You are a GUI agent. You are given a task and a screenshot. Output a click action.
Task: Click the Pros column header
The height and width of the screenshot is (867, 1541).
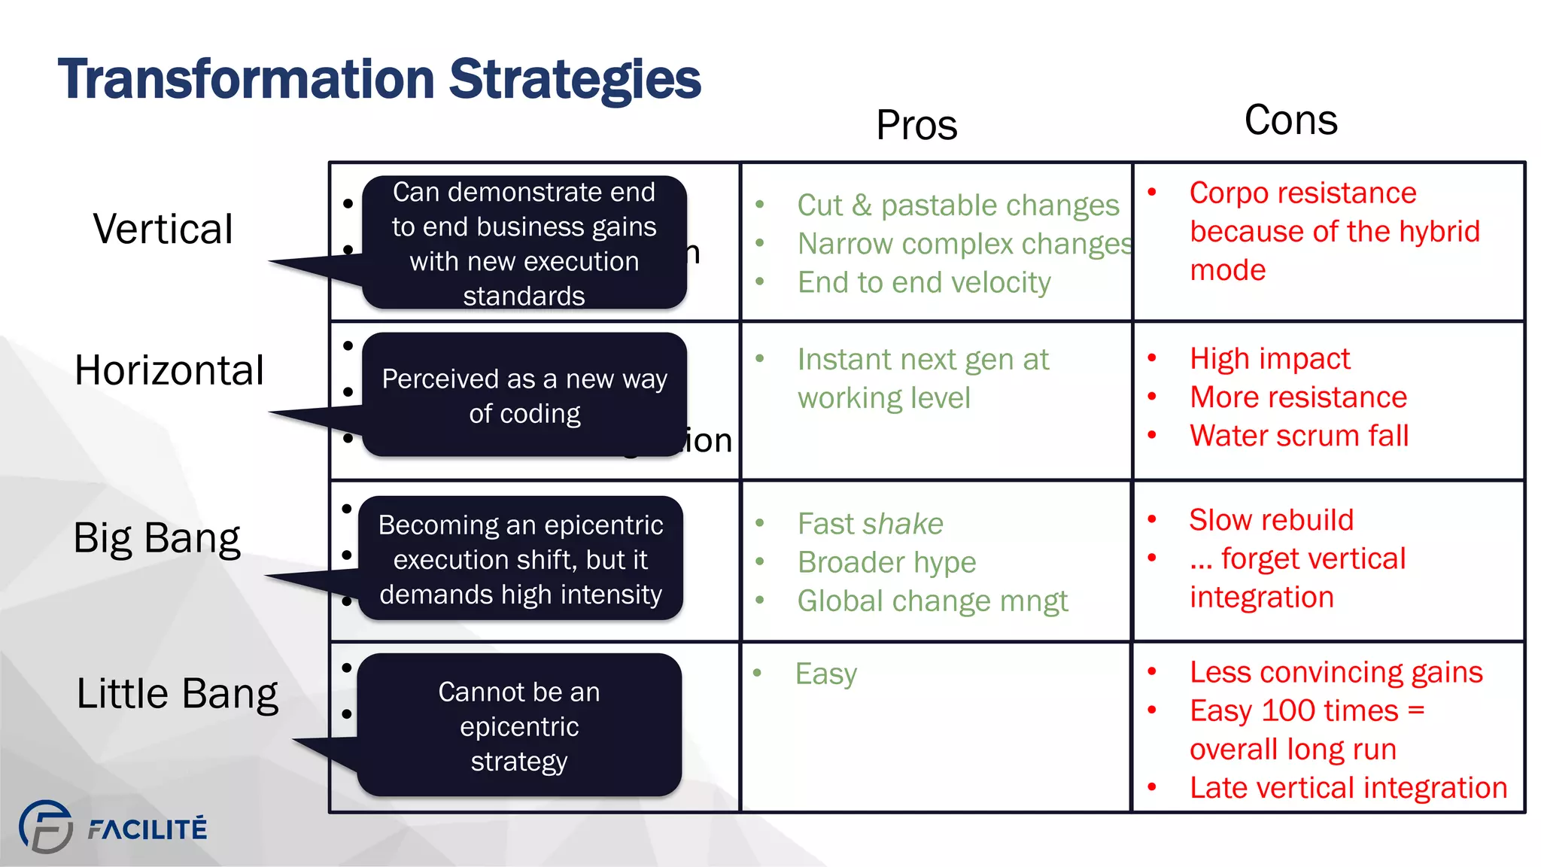[x=916, y=125]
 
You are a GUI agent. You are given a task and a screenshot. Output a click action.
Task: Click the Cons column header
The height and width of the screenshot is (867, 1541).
[x=1290, y=120]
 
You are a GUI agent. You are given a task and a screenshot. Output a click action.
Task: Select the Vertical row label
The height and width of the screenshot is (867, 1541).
[x=163, y=229]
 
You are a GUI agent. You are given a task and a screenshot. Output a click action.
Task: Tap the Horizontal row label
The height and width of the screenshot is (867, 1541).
[x=169, y=370]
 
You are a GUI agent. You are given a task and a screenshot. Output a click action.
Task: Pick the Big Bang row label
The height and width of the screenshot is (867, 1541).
[x=157, y=539]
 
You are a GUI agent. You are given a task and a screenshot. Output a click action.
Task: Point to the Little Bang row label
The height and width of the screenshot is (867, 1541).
[x=177, y=694]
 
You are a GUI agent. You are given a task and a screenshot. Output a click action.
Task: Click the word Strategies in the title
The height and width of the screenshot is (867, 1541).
[x=575, y=80]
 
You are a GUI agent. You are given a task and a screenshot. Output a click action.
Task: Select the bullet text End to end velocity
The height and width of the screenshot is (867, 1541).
[x=924, y=283]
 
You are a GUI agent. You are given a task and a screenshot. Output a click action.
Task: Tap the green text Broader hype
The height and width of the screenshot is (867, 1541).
[x=886, y=563]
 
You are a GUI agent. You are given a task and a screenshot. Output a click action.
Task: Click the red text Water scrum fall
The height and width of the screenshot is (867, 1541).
[x=1299, y=436]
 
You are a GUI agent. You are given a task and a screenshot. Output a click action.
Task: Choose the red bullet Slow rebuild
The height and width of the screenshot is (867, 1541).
[x=1271, y=520]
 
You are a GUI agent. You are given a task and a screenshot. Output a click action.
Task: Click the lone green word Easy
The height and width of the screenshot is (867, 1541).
[x=825, y=674]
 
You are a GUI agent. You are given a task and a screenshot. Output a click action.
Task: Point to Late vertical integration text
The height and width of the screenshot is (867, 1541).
[x=1348, y=788]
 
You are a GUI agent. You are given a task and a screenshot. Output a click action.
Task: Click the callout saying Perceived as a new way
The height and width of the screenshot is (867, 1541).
[x=524, y=395]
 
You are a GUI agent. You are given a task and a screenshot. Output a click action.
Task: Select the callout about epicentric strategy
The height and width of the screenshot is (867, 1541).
[x=519, y=726]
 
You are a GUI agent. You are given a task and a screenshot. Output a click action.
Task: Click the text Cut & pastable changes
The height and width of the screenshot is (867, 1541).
[x=958, y=205]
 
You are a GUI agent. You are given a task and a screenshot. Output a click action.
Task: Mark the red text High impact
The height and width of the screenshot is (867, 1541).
[x=1269, y=359]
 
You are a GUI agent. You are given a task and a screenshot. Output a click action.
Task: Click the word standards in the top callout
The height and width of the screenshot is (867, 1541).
[x=524, y=296]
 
